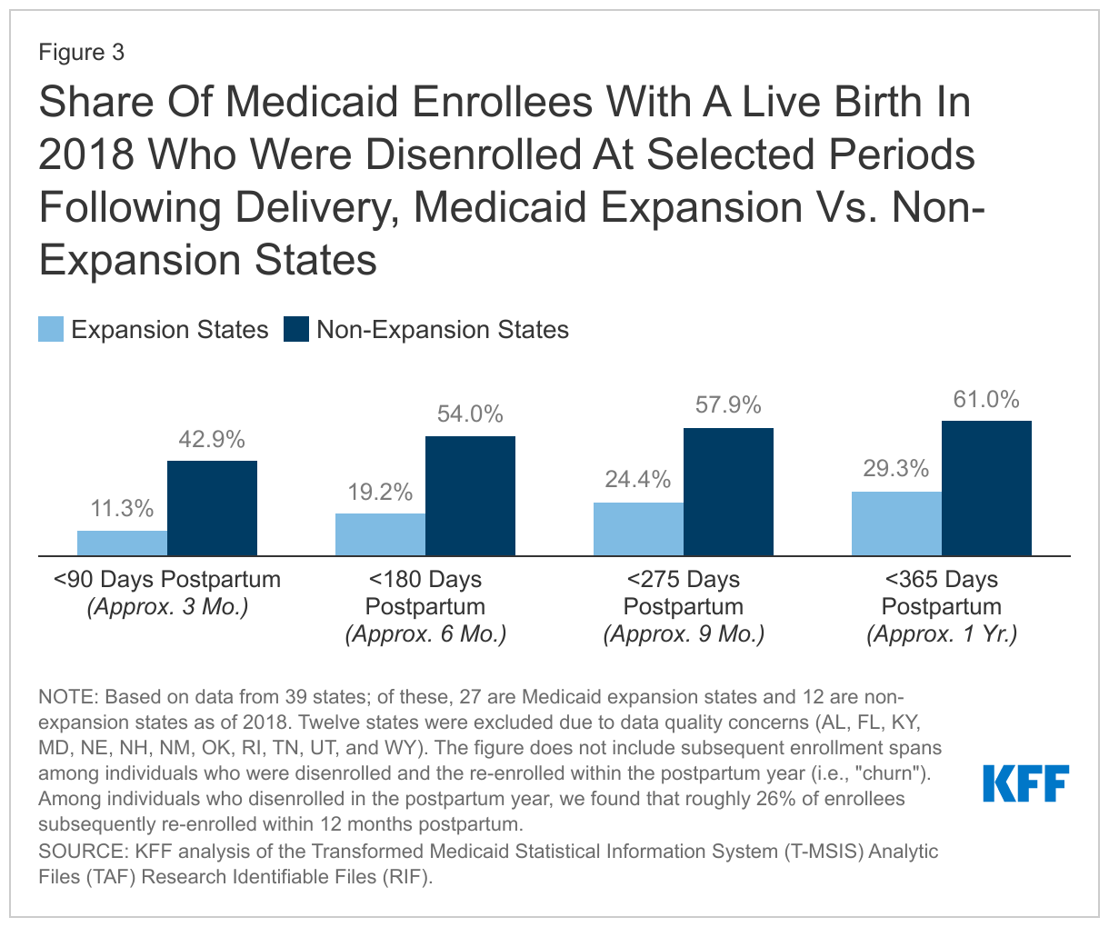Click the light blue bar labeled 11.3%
click(x=122, y=543)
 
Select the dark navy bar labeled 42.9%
click(x=212, y=508)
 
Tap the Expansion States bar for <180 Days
click(x=380, y=534)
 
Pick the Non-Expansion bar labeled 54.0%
click(x=470, y=495)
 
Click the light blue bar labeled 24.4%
click(x=638, y=529)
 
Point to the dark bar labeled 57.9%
click(x=728, y=492)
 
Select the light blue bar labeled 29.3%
click(x=896, y=523)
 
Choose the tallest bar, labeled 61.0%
click(x=986, y=488)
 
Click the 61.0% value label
click(x=986, y=400)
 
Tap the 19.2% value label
click(x=380, y=493)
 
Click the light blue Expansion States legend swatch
click(x=51, y=329)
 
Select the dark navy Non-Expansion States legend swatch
click(x=296, y=329)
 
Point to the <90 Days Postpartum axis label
click(x=167, y=580)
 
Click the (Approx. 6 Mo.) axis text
click(x=425, y=634)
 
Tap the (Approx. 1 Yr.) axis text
click(x=942, y=634)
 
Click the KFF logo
click(x=1025, y=783)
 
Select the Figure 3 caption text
click(x=81, y=53)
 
